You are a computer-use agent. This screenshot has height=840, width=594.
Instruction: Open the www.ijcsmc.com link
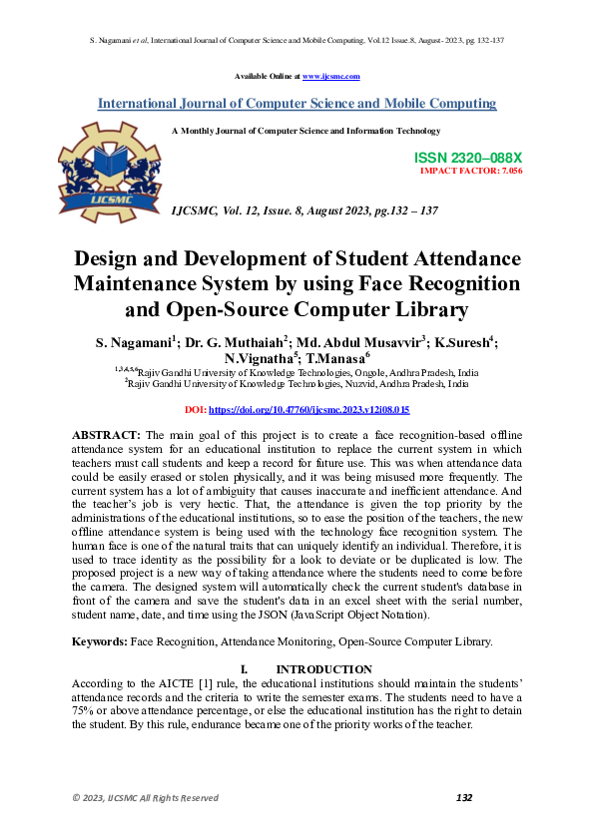click(x=330, y=76)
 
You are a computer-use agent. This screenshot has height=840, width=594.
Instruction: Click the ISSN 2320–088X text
click(x=468, y=159)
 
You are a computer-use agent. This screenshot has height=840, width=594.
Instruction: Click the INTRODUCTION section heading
click(x=324, y=668)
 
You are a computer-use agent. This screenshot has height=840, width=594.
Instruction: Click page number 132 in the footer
click(x=463, y=797)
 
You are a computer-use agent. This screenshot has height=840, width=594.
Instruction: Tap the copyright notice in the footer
click(x=145, y=797)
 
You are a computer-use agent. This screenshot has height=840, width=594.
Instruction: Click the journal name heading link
click(x=297, y=104)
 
